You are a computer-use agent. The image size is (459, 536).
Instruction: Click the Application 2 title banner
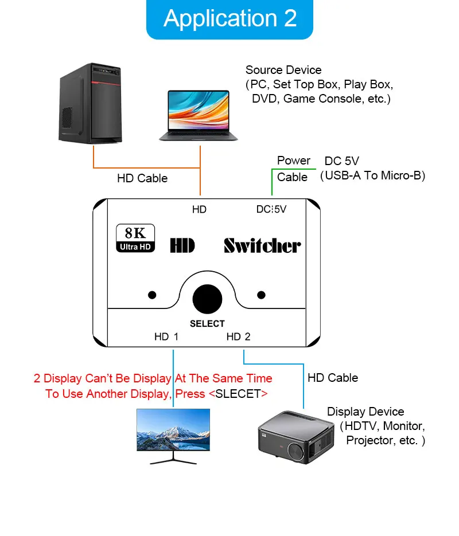pyautogui.click(x=229, y=19)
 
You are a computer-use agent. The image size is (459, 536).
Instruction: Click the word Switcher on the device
pyautogui.click(x=262, y=246)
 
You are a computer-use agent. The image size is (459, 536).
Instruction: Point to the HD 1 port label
pyautogui.click(x=166, y=337)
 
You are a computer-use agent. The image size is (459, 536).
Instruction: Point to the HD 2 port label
pyautogui.click(x=239, y=337)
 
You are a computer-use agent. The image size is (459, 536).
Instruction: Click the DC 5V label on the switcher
pyautogui.click(x=271, y=210)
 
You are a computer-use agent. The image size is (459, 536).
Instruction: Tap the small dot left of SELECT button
pyautogui.click(x=152, y=295)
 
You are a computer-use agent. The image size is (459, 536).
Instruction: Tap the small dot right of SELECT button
pyautogui.click(x=262, y=295)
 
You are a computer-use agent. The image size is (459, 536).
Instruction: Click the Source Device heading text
pyautogui.click(x=283, y=70)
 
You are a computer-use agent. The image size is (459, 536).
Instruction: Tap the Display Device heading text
pyautogui.click(x=365, y=412)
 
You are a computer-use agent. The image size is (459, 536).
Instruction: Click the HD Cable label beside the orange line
pyautogui.click(x=142, y=178)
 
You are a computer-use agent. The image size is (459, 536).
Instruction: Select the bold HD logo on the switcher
pyautogui.click(x=182, y=246)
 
